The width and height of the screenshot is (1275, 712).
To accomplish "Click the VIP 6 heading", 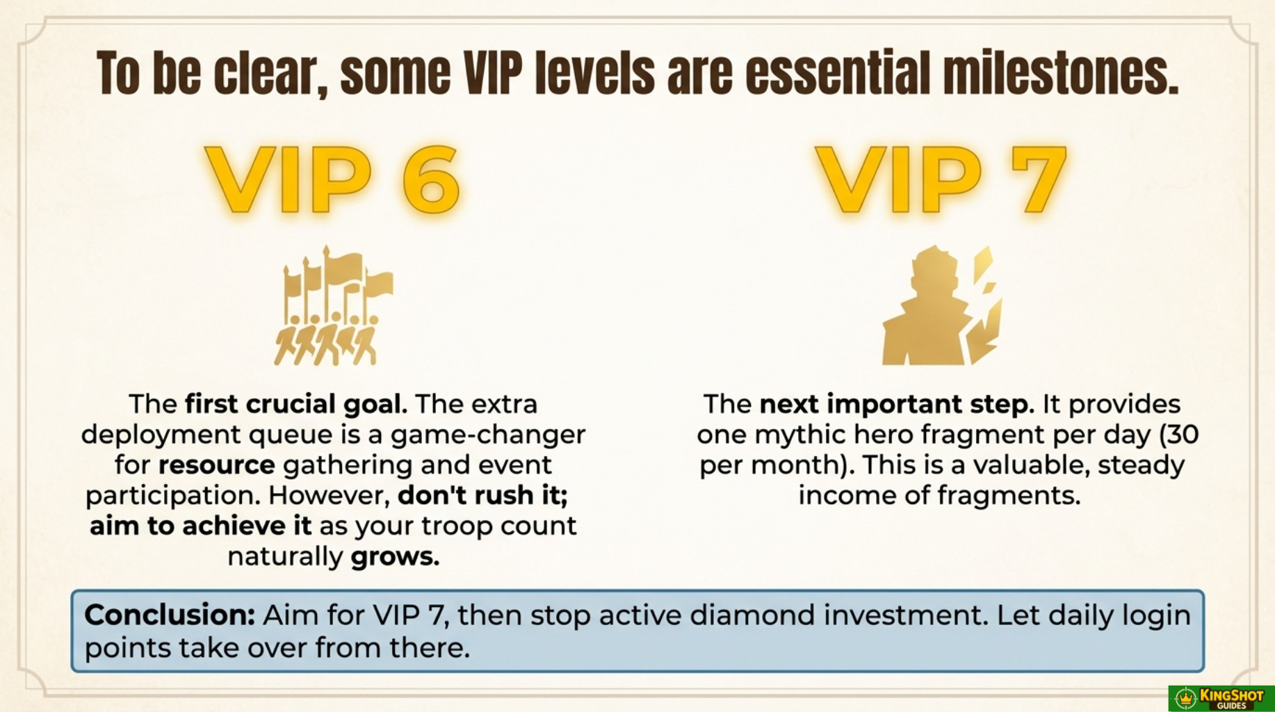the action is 332,179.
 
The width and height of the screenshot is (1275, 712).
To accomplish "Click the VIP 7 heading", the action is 941,179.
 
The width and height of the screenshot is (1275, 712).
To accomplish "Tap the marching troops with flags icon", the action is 334,305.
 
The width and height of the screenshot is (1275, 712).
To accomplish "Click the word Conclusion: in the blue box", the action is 170,615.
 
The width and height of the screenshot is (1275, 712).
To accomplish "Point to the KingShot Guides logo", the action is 1221,698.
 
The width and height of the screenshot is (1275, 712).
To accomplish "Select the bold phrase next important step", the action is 897,404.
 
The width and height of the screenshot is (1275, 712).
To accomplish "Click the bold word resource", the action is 216,464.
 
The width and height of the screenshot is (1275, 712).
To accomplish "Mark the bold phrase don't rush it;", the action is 483,495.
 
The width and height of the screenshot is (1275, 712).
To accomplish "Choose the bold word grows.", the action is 395,556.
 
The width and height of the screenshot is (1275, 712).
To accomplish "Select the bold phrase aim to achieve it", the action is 201,526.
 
